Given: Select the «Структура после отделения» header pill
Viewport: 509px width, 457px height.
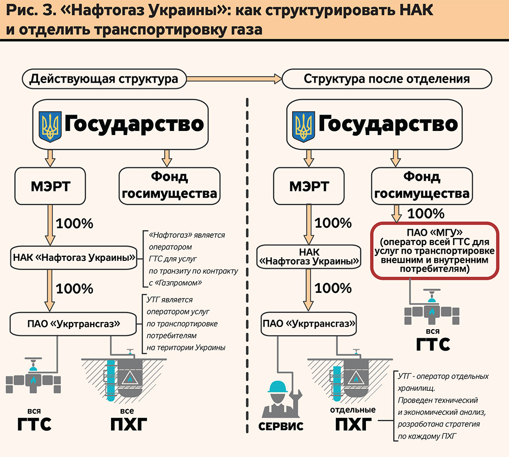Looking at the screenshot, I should point(386,79).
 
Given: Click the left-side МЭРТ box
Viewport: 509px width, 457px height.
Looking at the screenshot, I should point(49,186).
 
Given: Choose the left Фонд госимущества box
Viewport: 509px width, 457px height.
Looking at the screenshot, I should point(169,186).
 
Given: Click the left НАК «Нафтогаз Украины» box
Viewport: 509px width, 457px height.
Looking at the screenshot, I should point(74,258).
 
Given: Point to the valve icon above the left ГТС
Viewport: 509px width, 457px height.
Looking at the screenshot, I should point(34,378).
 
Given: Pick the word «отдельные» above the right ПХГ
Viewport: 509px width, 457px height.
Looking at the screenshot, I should point(353,409).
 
